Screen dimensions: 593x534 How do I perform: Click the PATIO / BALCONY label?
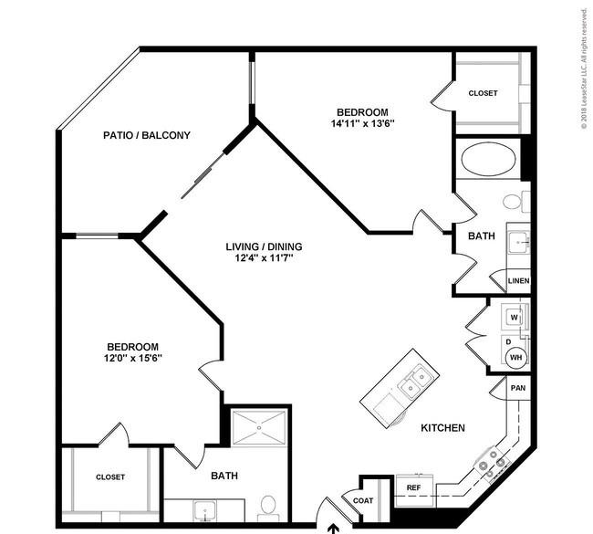tap(147, 135)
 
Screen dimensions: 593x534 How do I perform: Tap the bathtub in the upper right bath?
tap(488, 160)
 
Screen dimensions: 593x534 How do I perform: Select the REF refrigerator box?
tap(414, 490)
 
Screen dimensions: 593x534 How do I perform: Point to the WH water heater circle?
tap(515, 357)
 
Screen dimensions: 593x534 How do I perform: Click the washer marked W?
tap(515, 317)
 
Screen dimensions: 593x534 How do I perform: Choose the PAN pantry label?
tap(518, 388)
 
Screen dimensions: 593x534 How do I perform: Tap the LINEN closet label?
tap(518, 281)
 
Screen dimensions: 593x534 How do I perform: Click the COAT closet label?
tap(363, 501)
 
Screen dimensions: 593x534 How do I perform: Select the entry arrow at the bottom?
tap(333, 529)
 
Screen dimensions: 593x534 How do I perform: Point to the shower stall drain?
tap(259, 427)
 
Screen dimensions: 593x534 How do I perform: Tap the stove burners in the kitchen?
tap(492, 464)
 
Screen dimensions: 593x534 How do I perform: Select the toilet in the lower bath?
tap(268, 508)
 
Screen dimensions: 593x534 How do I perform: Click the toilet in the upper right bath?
tap(516, 202)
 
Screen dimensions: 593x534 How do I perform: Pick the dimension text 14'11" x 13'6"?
tap(363, 123)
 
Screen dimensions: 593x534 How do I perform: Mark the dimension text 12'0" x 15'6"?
tap(133, 358)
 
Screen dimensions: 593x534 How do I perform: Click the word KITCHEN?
tap(442, 428)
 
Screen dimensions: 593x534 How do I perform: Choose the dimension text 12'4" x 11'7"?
tap(264, 258)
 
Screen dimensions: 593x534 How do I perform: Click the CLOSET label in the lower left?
tap(110, 477)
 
